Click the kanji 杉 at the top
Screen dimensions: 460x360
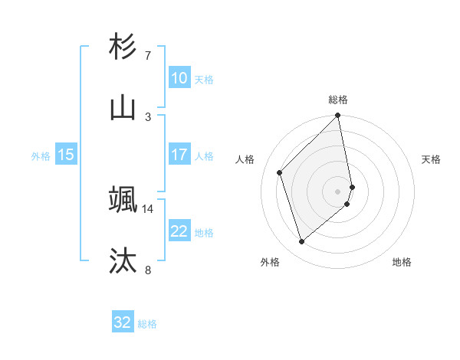[x=123, y=47]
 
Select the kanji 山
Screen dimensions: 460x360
[x=123, y=108]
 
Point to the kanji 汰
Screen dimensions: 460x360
[x=123, y=260]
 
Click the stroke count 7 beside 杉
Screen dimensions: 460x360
[x=148, y=56]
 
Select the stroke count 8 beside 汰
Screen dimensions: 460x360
[x=148, y=270]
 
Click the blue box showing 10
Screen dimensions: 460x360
[x=179, y=78]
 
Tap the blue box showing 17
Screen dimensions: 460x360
[x=179, y=155]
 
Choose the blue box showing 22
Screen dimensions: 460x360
[x=179, y=231]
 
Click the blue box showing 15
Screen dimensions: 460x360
[x=66, y=155]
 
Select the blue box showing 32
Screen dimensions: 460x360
[x=123, y=322]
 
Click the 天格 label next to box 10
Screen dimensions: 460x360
[x=204, y=80]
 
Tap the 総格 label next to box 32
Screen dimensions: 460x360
[x=148, y=324]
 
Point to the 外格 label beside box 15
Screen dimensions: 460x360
[x=41, y=156]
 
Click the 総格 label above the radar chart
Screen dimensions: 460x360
[x=338, y=100]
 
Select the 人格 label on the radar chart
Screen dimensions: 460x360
[x=245, y=159]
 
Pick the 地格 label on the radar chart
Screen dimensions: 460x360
[x=402, y=262]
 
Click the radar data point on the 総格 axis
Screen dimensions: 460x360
[x=338, y=116]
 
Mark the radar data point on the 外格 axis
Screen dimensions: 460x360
[x=301, y=242]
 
